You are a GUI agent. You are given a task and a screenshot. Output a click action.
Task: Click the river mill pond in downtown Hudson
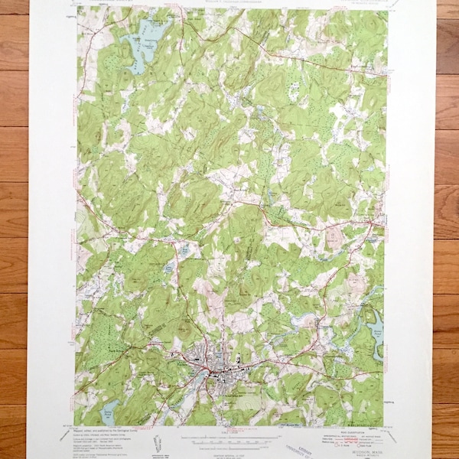pyautogui.click(x=205, y=373)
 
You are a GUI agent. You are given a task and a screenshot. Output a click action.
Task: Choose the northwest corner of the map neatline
pyautogui.click(x=76, y=8)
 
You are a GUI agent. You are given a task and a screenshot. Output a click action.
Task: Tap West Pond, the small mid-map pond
pyautogui.click(x=184, y=249)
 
